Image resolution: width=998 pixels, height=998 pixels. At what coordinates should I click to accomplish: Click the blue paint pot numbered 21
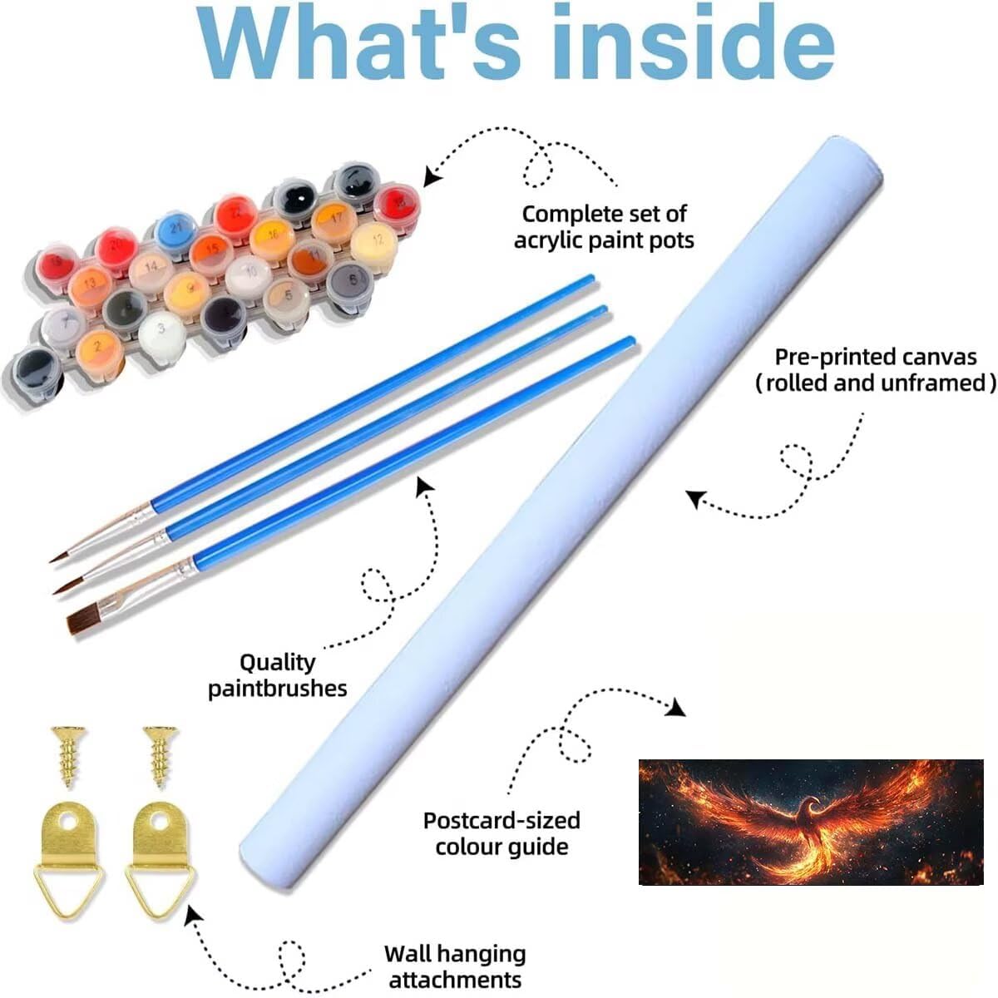click(x=176, y=231)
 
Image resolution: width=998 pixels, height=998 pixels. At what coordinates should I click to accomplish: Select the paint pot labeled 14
click(x=151, y=270)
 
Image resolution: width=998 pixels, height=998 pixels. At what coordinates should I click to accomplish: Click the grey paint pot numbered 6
click(x=350, y=284)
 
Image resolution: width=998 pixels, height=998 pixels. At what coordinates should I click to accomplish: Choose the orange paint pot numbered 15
click(x=210, y=253)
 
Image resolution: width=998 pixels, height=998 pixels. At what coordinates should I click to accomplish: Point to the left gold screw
click(x=68, y=756)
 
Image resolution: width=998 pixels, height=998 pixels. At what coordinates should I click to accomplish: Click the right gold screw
click(x=161, y=756)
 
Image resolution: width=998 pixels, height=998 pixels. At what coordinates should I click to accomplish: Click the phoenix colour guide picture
click(x=811, y=822)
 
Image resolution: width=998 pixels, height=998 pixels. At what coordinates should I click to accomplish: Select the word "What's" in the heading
click(x=358, y=42)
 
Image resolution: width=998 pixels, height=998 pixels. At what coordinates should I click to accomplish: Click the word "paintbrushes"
click(x=278, y=689)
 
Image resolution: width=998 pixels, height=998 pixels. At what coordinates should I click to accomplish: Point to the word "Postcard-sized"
click(x=501, y=820)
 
